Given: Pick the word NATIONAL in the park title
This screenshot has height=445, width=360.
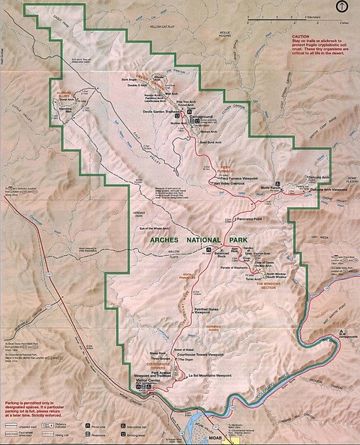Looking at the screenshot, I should point(199,240).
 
